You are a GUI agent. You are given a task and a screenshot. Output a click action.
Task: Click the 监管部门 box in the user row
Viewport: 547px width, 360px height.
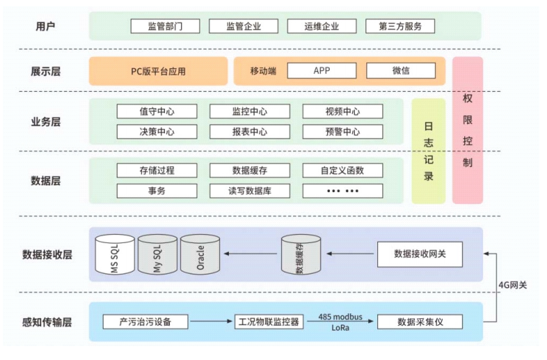click(165, 26)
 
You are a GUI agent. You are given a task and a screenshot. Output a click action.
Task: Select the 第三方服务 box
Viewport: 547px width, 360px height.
click(400, 26)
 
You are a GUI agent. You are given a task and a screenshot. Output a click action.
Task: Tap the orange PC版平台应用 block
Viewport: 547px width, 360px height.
click(159, 71)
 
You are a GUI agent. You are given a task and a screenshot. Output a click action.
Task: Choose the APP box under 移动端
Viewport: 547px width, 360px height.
click(322, 71)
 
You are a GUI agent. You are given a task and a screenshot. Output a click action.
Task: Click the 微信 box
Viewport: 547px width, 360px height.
click(401, 71)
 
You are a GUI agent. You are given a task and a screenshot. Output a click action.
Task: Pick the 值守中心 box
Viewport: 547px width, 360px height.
click(157, 111)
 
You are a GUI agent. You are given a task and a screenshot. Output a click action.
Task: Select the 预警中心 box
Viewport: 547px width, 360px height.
click(342, 132)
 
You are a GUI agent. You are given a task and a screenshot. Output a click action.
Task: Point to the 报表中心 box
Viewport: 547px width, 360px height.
click(249, 132)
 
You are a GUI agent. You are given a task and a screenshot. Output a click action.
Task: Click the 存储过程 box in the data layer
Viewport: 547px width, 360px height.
click(157, 170)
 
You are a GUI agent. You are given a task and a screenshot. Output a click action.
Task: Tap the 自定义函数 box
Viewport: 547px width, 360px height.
click(342, 170)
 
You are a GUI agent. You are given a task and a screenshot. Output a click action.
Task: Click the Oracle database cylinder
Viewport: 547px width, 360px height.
click(200, 256)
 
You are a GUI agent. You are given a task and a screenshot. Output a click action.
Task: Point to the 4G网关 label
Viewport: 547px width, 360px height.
click(513, 285)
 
